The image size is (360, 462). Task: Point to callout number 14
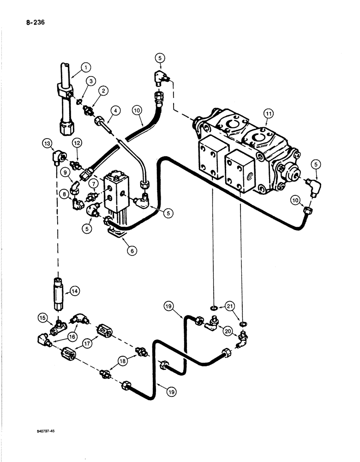(x=75, y=291)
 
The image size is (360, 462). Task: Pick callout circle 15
(x=43, y=318)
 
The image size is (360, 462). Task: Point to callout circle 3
(x=92, y=81)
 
